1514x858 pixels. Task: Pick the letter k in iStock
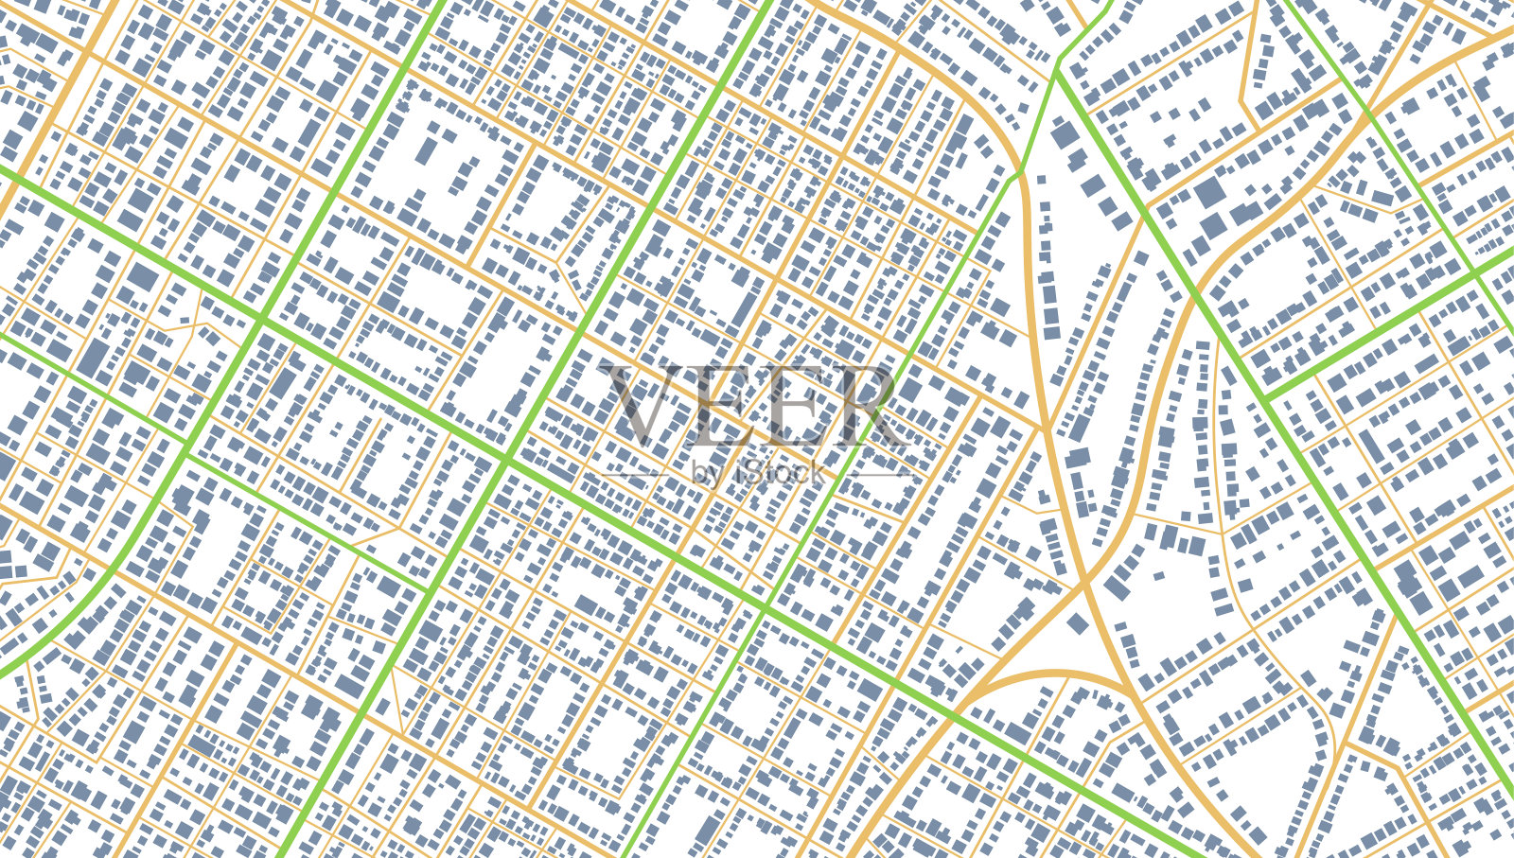[815, 472]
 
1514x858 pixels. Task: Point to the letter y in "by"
[714, 475]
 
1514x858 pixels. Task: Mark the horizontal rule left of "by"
[632, 473]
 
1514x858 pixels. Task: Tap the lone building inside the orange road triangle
[1078, 623]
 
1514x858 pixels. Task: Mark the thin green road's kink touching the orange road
[1020, 173]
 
